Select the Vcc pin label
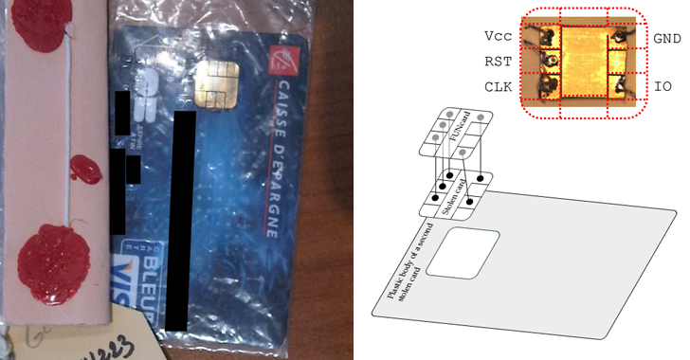(x=498, y=38)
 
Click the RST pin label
(x=498, y=62)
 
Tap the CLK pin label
(x=498, y=86)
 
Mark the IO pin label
(x=663, y=86)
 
